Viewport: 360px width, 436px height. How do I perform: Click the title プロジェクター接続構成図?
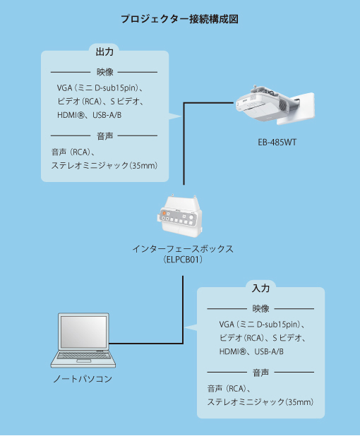point(179,19)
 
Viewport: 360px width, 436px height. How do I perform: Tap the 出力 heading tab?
point(104,52)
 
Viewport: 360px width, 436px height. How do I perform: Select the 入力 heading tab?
point(260,288)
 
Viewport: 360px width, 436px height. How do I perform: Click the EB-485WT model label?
point(277,143)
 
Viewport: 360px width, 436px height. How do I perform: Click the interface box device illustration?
point(179,216)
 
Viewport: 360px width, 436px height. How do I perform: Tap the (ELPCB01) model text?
point(183,260)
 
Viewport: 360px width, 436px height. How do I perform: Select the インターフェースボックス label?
point(183,248)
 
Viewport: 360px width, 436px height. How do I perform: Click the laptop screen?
point(83,332)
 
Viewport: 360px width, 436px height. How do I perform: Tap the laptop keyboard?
point(83,356)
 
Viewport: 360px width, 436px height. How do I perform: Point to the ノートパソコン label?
point(83,378)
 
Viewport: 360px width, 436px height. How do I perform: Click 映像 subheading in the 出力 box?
point(104,72)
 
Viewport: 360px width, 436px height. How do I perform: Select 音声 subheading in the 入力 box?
point(260,373)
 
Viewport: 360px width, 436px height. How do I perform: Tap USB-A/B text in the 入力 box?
point(269,351)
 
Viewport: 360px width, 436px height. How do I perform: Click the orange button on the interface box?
point(164,213)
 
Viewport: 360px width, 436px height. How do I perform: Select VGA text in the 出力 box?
point(64,88)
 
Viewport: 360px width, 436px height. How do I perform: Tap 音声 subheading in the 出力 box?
point(104,136)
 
